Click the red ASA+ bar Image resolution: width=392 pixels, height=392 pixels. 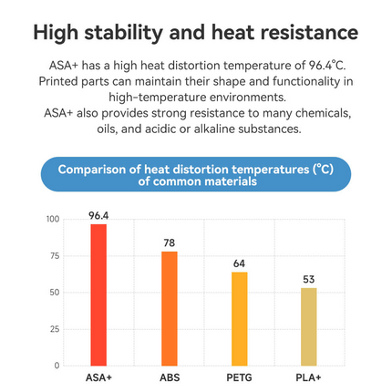coord(98,294)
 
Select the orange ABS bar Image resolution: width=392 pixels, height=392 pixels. coord(170,308)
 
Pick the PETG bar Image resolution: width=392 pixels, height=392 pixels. coord(239,318)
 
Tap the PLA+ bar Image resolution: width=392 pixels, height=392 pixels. coord(309,326)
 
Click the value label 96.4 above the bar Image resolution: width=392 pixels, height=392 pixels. coord(98,215)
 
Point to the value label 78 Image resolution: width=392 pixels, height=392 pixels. coord(170,242)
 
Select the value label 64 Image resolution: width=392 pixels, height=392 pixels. coord(239,263)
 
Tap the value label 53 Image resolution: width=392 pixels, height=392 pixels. coord(309,279)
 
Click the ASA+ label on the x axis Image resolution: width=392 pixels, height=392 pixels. coord(98,377)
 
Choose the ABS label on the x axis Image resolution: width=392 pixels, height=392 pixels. coord(170,377)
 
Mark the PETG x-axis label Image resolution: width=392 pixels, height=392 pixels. coord(239,377)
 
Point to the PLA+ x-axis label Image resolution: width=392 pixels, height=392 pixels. coord(309,377)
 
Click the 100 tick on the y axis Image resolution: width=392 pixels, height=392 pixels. coord(52,219)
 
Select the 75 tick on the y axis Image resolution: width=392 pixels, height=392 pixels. coord(54,256)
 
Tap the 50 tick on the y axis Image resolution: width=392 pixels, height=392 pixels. coord(54,293)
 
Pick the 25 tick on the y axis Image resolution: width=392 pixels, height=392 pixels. coord(54,329)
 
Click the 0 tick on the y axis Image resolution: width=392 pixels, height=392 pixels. coord(57,366)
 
